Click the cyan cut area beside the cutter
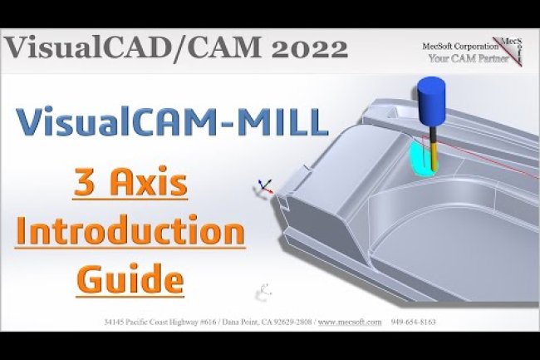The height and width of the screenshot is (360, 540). pos(420,157)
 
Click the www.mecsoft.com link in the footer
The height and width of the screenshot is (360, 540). pos(351,322)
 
